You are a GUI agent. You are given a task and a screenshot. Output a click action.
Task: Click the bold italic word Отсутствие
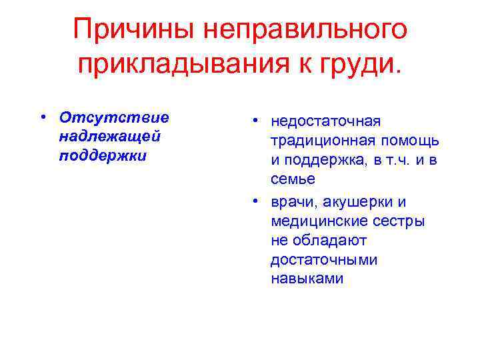pyautogui.click(x=114, y=117)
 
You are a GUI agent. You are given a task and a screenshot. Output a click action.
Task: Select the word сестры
pyautogui.click(x=401, y=221)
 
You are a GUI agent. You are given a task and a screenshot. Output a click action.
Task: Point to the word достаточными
pyautogui.click(x=323, y=260)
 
